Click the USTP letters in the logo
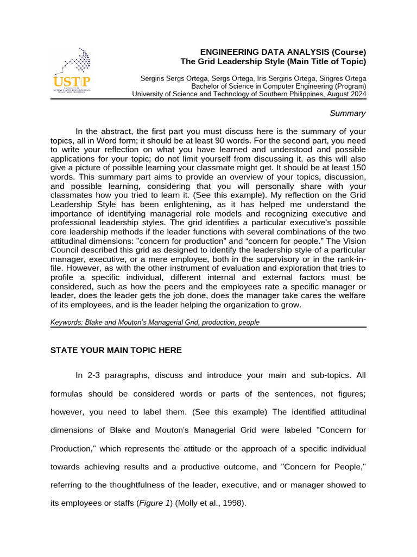(x=72, y=82)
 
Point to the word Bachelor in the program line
(x=205, y=86)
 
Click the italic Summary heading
(x=347, y=113)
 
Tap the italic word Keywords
(x=66, y=322)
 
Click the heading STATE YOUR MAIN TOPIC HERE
(x=116, y=350)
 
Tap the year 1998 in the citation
(x=231, y=503)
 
